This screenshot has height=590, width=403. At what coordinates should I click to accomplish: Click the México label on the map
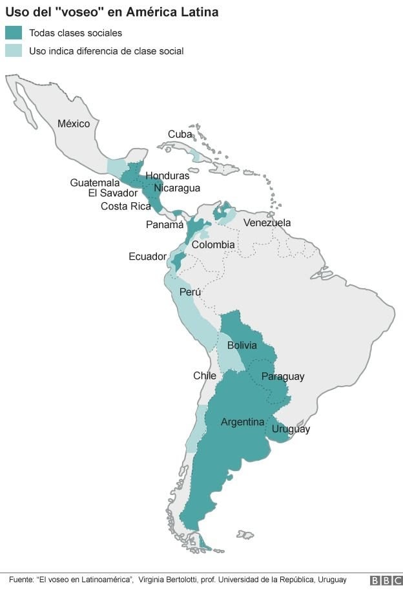(x=74, y=123)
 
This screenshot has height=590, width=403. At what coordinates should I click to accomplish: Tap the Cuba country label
(x=180, y=134)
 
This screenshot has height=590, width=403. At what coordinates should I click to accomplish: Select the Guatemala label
(x=95, y=183)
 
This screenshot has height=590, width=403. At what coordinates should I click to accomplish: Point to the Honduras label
(x=167, y=176)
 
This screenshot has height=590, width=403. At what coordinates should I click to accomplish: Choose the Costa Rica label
(x=125, y=206)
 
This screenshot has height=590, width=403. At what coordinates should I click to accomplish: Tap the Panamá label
(x=165, y=225)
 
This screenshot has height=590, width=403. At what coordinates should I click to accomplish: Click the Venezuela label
(x=267, y=223)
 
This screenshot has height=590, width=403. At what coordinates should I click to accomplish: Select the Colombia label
(x=213, y=245)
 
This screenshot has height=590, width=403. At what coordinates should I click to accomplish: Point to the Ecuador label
(x=147, y=257)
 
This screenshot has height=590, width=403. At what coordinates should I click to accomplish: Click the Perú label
(x=190, y=292)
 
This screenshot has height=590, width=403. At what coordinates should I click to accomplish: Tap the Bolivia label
(x=242, y=345)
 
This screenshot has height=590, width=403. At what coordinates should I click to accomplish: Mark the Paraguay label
(x=283, y=377)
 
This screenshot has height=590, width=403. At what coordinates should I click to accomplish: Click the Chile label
(x=205, y=375)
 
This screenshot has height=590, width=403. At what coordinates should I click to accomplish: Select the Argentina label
(x=243, y=422)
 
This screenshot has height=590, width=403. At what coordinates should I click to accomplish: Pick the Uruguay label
(x=291, y=429)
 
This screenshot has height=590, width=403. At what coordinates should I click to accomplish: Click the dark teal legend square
(x=14, y=33)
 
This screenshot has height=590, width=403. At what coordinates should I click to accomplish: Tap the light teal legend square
(x=14, y=50)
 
